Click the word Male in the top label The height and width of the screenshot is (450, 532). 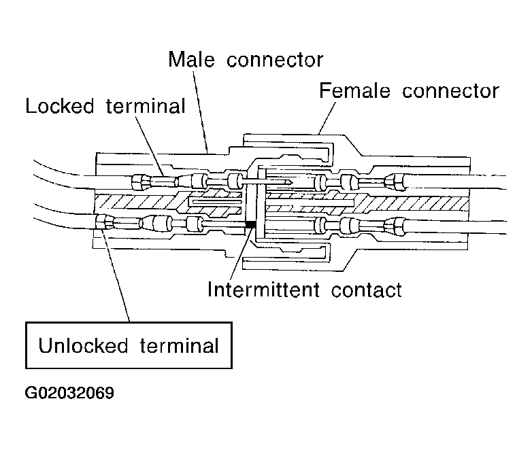point(193,60)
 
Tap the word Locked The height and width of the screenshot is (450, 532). point(60,107)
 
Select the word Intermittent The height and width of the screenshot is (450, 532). point(263,290)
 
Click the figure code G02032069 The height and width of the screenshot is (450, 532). point(69,394)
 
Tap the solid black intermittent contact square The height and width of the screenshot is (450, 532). point(249,224)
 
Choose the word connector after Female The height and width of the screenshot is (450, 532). point(450,90)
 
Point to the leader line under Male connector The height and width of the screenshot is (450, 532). point(200,109)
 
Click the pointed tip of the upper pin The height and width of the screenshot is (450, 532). point(291,182)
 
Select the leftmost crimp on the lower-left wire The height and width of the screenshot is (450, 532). point(105,220)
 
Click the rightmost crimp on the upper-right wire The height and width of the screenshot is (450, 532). point(393,182)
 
